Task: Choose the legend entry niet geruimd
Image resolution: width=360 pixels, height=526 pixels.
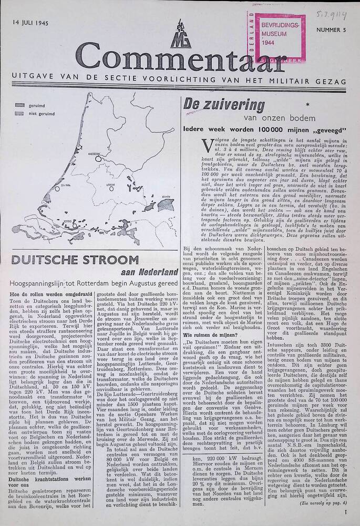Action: coord(39,113)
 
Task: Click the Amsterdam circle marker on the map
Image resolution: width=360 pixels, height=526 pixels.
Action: coord(98,156)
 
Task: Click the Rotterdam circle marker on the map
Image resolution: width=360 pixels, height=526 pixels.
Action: coord(75,226)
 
